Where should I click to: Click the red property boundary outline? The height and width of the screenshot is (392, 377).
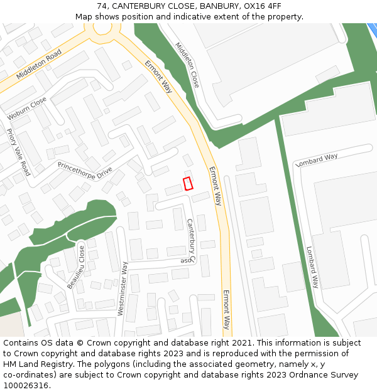[187, 183]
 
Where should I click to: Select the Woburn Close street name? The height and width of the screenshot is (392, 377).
[26, 109]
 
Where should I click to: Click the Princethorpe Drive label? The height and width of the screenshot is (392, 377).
[84, 171]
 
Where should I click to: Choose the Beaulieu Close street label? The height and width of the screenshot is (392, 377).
[76, 267]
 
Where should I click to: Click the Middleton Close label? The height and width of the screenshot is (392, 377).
[186, 65]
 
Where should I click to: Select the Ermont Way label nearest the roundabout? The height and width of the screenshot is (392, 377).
[158, 77]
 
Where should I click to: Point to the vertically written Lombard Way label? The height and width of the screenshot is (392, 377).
[312, 267]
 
